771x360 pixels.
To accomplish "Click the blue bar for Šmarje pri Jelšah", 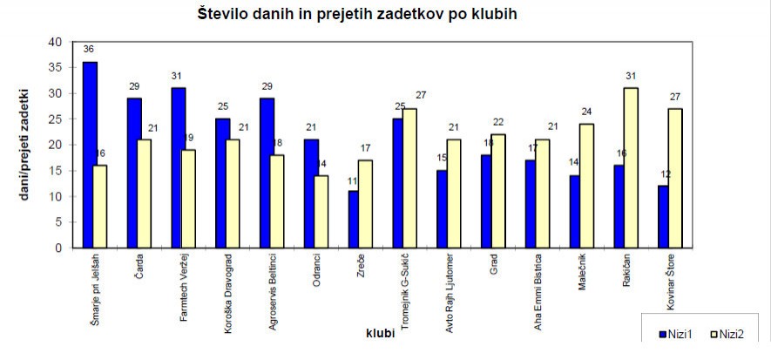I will pos(90,154).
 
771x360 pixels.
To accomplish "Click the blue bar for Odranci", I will pos(311,194).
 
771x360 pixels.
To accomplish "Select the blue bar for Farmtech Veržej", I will pos(178,167).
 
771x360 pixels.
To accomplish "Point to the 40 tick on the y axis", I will pos(56,42).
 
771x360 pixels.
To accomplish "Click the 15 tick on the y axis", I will pos(56,171).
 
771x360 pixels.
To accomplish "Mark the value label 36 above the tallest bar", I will pos(89,50).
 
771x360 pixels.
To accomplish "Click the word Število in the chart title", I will pos(227,14).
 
